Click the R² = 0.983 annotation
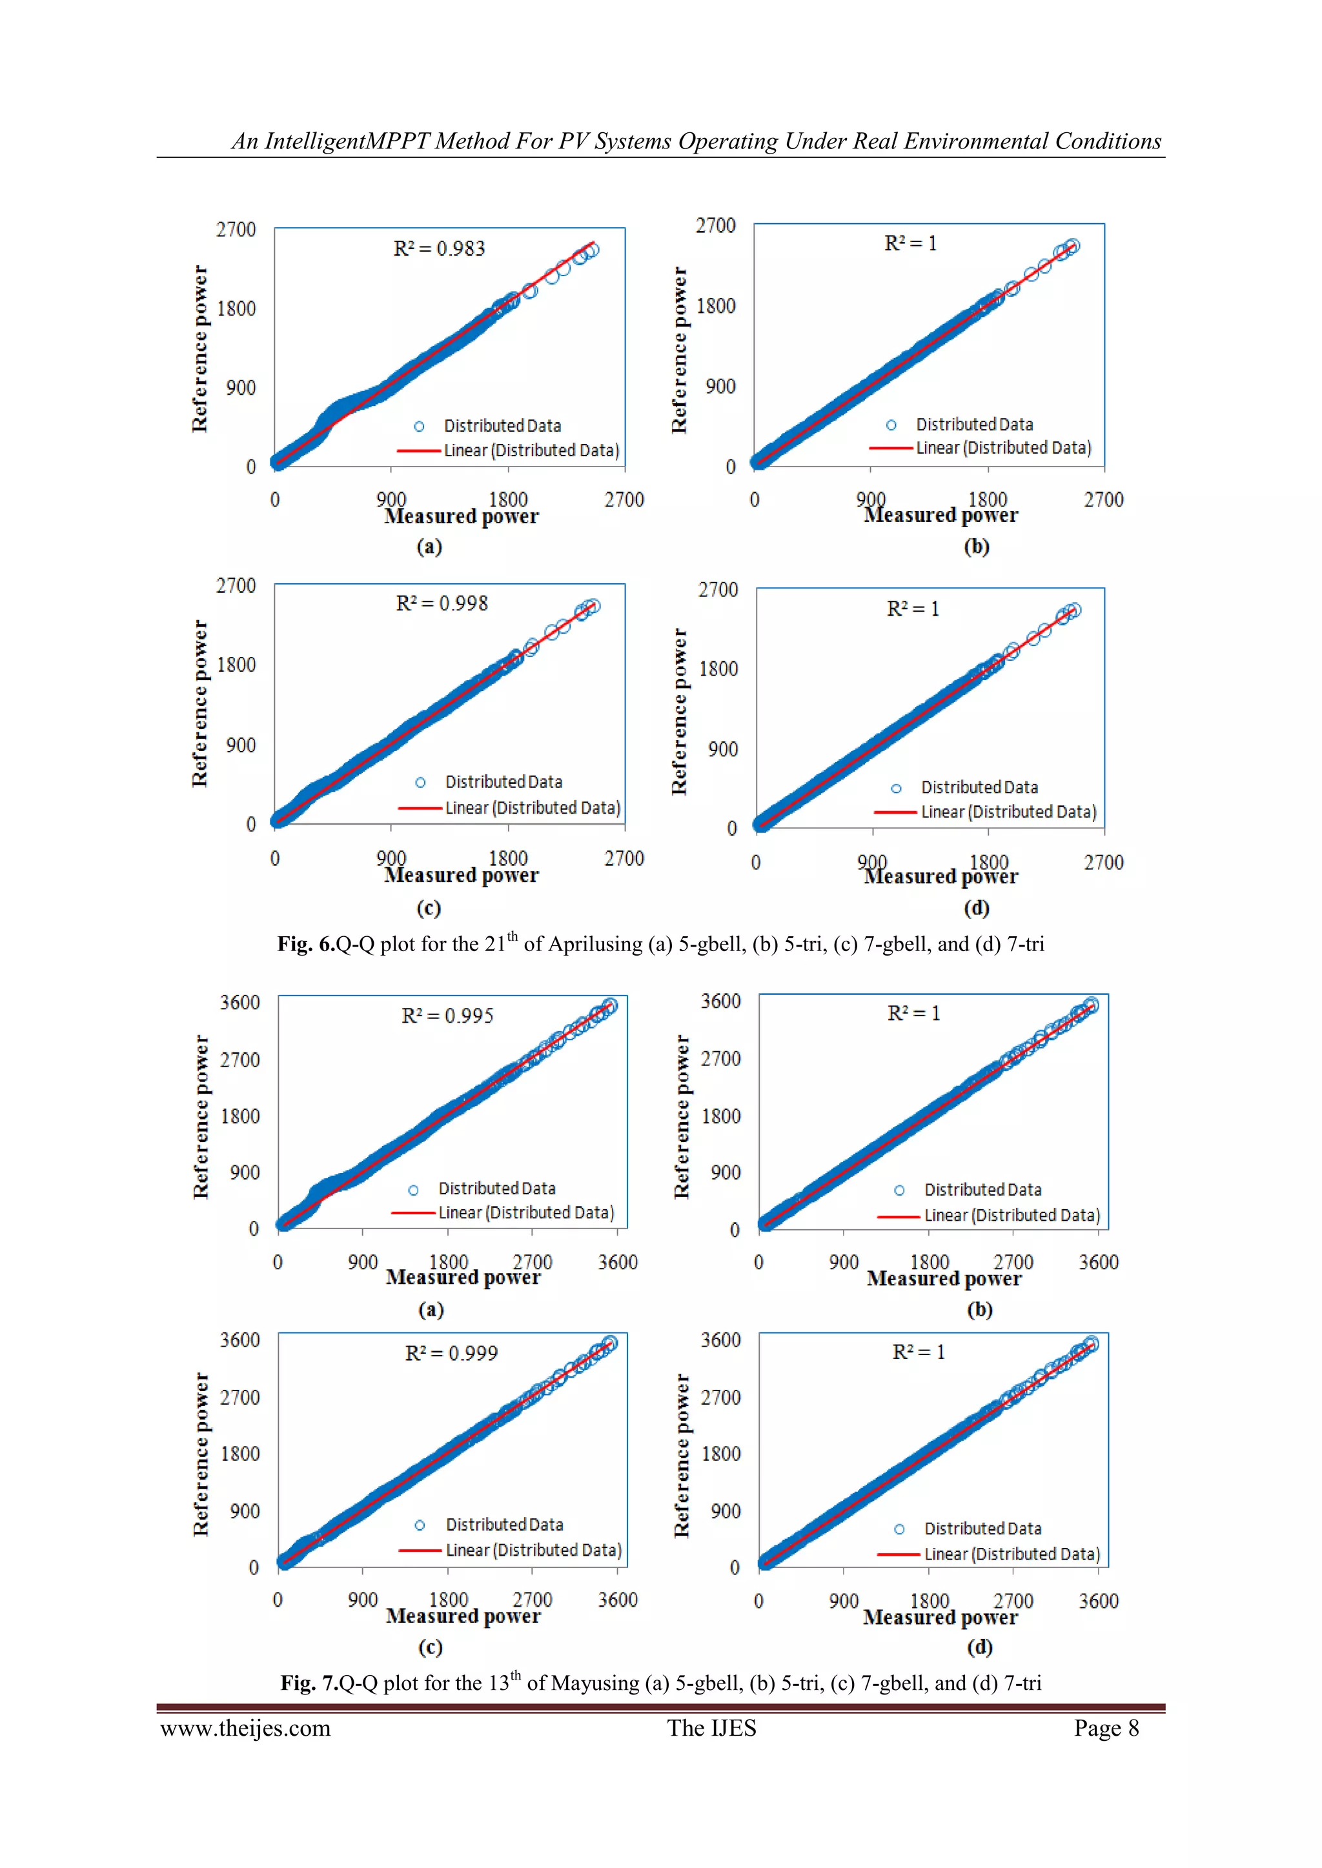[439, 248]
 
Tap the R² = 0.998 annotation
[442, 604]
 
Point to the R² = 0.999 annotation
[451, 1353]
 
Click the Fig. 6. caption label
[306, 945]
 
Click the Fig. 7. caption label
[309, 1683]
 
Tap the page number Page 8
[1106, 1729]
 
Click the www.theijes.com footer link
[245, 1729]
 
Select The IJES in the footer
[711, 1729]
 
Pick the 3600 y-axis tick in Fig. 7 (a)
[239, 1002]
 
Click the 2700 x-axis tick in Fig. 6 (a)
[624, 499]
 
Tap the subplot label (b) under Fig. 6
[976, 546]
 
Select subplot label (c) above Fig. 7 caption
[430, 1647]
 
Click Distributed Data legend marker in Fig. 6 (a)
[419, 427]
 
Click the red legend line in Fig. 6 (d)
[895, 812]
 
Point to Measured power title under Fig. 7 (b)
[944, 1279]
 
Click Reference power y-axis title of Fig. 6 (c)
[200, 704]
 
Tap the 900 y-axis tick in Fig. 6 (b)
[720, 387]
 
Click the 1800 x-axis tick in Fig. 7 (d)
[929, 1601]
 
